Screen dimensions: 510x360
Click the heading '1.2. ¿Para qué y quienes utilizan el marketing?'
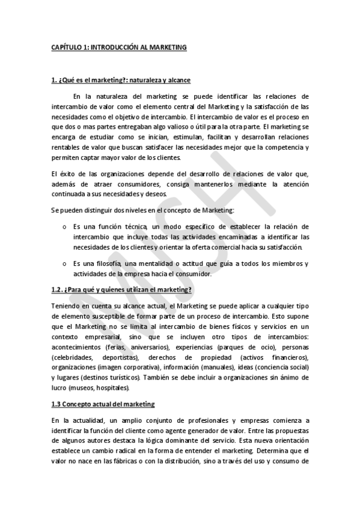pyautogui.click(x=121, y=290)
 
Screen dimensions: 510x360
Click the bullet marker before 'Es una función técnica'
pyautogui.click(x=64, y=227)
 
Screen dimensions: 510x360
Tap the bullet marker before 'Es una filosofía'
pyautogui.click(x=64, y=265)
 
